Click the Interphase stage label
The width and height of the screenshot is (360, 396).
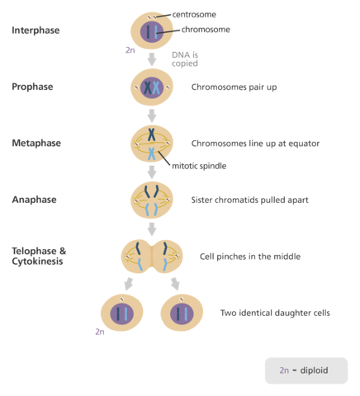tap(36, 31)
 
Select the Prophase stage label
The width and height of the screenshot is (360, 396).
tap(33, 87)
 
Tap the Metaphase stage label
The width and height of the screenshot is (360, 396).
tap(36, 143)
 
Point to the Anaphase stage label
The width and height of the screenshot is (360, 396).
tap(35, 200)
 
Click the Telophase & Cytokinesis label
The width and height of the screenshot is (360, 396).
tap(39, 256)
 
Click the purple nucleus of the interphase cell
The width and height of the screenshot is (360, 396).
tap(151, 32)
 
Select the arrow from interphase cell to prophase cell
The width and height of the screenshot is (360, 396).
tap(151, 59)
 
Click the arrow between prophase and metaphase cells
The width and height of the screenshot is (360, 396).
tap(151, 115)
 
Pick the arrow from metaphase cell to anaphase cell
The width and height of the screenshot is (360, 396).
tap(151, 172)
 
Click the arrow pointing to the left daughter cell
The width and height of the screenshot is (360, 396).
tap(128, 285)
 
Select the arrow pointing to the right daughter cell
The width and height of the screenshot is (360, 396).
tap(176, 285)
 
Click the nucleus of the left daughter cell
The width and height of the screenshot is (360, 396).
tap(121, 313)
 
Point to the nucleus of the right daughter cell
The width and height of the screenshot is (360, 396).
tap(182, 313)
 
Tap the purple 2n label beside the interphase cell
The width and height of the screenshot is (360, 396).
tap(130, 50)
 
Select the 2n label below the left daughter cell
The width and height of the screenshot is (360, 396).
tap(99, 332)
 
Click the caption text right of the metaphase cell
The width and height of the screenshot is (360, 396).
tap(255, 143)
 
